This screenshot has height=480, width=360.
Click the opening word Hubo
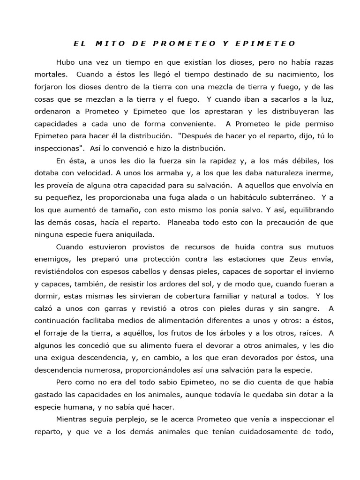(x=66, y=62)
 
